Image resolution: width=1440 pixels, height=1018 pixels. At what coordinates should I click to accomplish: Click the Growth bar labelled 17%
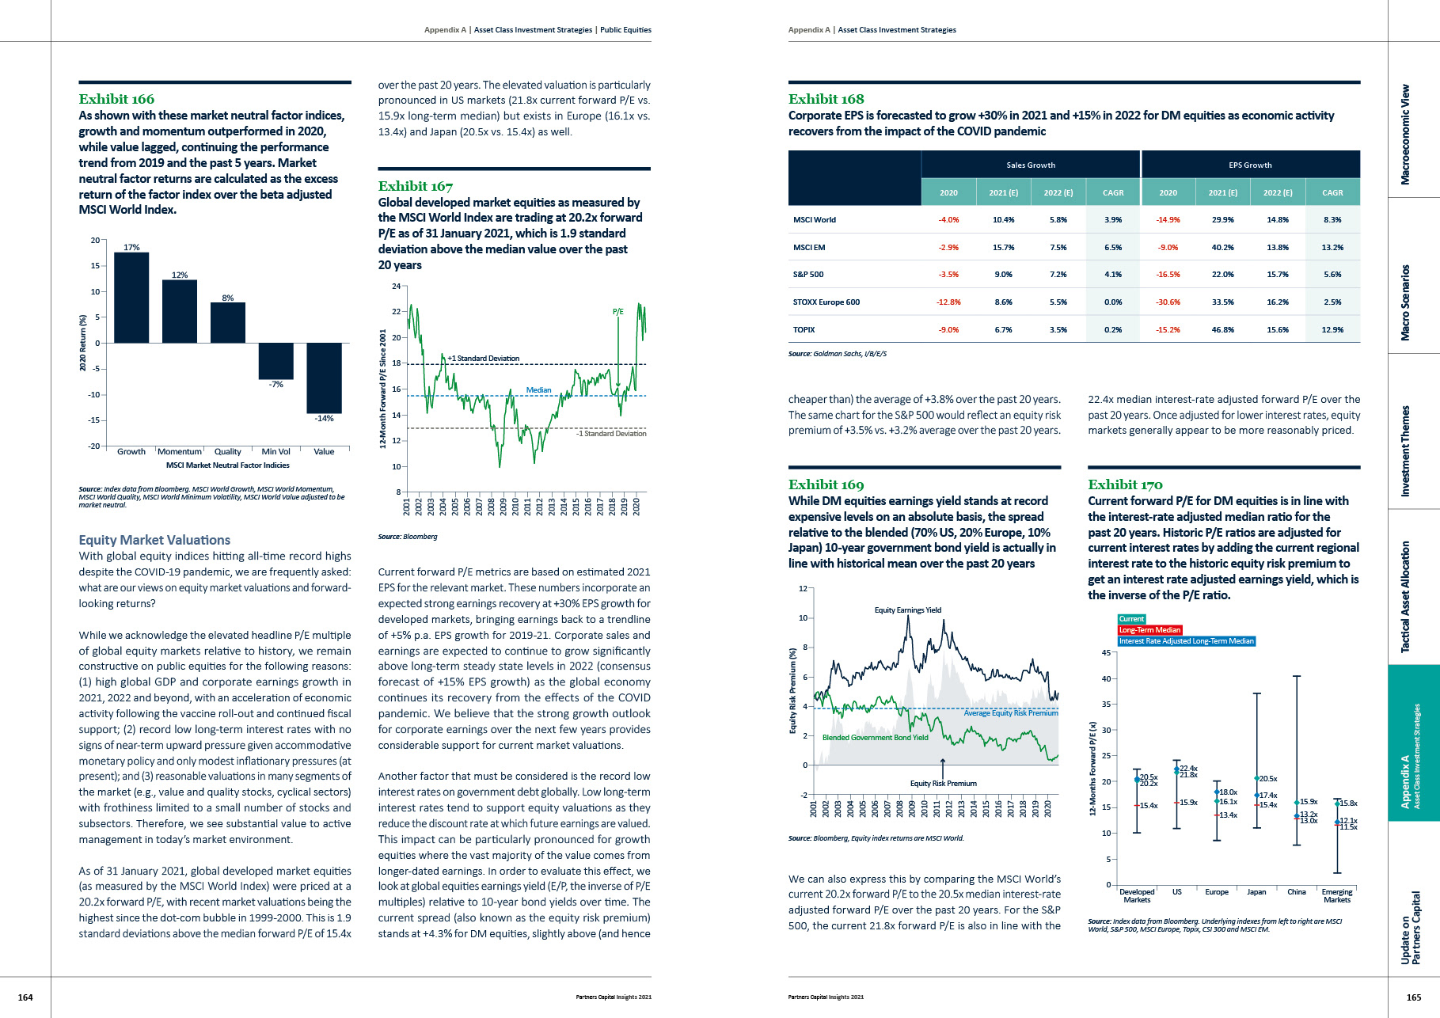131,297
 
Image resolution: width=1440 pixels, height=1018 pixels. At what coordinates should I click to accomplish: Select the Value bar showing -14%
324,378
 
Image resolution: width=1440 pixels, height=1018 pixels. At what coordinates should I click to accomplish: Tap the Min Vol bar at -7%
275,361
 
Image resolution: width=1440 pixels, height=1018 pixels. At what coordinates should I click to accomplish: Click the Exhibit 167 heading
416,186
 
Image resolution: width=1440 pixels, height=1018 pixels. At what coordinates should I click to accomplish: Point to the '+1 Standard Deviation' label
484,359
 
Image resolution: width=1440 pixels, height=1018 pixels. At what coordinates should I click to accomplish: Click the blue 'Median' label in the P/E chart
538,390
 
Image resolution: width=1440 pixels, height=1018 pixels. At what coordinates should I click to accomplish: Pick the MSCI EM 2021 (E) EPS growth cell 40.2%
1222,248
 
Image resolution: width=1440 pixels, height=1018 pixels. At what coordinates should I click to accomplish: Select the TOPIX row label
804,330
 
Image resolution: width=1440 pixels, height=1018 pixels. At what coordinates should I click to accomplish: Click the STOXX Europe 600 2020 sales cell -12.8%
948,302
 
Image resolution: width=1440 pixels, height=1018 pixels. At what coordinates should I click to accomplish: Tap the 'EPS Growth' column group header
1250,165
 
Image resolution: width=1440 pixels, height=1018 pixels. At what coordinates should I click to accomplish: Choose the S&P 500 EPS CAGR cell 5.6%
1332,275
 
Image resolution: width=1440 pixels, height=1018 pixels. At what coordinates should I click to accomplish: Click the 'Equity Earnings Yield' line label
907,610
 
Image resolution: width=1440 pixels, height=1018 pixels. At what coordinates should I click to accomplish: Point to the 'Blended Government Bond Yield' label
875,738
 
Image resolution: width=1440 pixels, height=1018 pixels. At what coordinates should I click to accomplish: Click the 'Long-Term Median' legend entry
1149,630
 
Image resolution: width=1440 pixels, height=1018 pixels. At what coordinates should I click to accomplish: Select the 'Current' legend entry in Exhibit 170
1131,619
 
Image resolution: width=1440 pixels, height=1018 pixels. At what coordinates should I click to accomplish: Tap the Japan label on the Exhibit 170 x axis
1256,892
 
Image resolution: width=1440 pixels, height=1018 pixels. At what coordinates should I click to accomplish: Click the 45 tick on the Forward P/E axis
1106,653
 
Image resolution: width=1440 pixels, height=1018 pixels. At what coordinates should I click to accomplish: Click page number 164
25,997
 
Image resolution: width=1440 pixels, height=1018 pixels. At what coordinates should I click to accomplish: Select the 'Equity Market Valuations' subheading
154,540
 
